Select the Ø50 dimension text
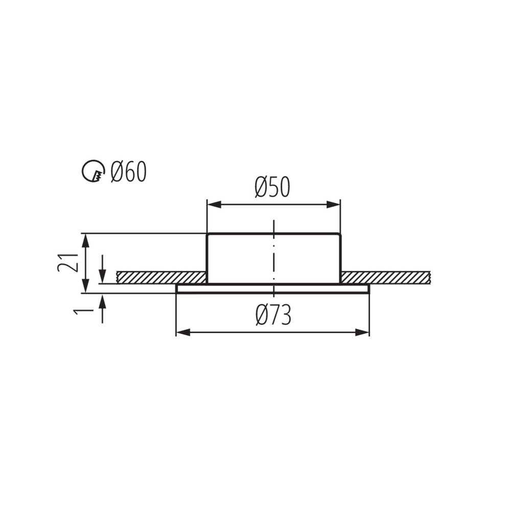pyautogui.click(x=272, y=188)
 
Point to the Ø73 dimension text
pyautogui.click(x=273, y=316)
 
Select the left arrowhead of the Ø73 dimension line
pyautogui.click(x=182, y=332)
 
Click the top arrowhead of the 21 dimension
pyautogui.click(x=86, y=240)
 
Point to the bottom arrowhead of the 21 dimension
pyautogui.click(x=86, y=287)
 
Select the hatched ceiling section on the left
pyautogui.click(x=161, y=277)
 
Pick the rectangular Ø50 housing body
pyautogui.click(x=240, y=258)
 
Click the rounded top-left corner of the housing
pyautogui.click(x=208, y=236)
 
